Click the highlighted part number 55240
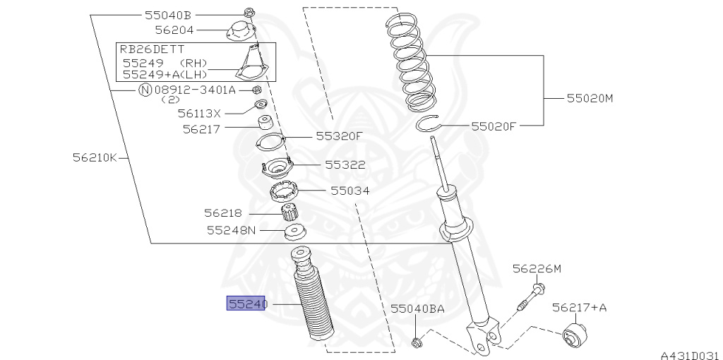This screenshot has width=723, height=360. [246, 304]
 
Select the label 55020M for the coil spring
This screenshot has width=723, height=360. [590, 98]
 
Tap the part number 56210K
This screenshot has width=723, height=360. [95, 157]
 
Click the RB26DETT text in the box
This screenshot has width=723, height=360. [152, 49]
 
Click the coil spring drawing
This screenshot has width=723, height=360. [408, 62]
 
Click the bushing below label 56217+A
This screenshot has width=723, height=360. [575, 334]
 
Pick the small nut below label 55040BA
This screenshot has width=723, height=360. [417, 342]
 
